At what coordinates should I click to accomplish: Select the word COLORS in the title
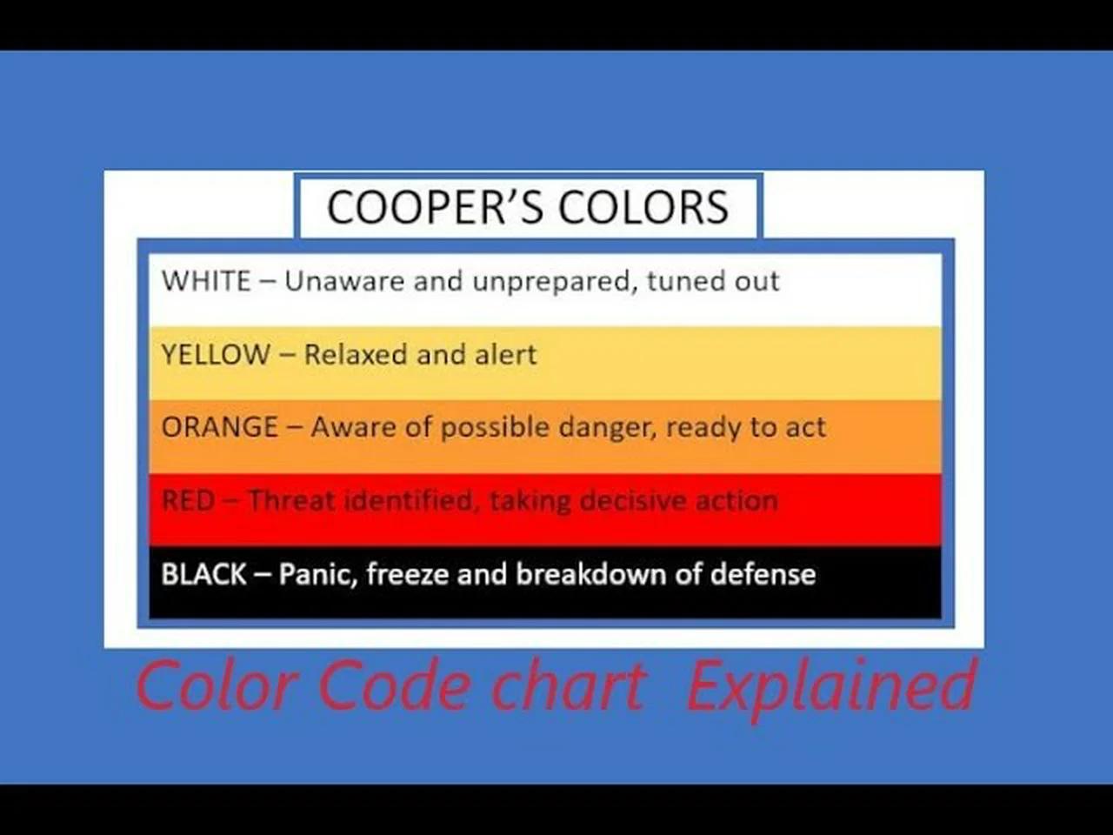click(x=643, y=207)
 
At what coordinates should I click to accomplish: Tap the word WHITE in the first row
click(x=206, y=281)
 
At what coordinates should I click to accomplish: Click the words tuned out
click(x=713, y=281)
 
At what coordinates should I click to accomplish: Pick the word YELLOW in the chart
click(x=216, y=355)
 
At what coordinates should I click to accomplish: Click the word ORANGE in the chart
click(x=220, y=427)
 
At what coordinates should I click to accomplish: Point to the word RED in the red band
click(x=188, y=501)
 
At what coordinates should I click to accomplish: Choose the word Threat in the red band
click(x=291, y=501)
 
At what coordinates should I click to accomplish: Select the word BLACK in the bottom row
click(x=204, y=574)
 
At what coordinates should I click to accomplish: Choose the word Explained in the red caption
click(x=832, y=687)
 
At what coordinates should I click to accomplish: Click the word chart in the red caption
click(x=569, y=687)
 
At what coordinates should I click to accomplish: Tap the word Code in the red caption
click(x=394, y=687)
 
